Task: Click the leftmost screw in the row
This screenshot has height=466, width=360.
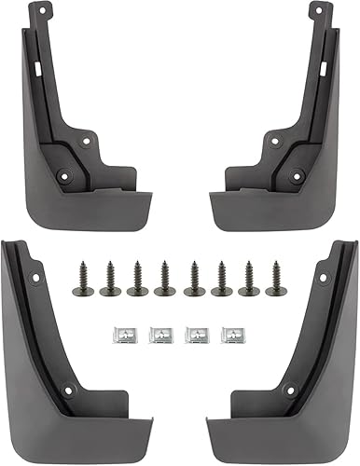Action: (x=81, y=279)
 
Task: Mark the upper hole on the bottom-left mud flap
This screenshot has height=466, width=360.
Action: (x=36, y=277)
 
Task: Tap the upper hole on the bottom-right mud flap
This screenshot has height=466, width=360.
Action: (x=322, y=277)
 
